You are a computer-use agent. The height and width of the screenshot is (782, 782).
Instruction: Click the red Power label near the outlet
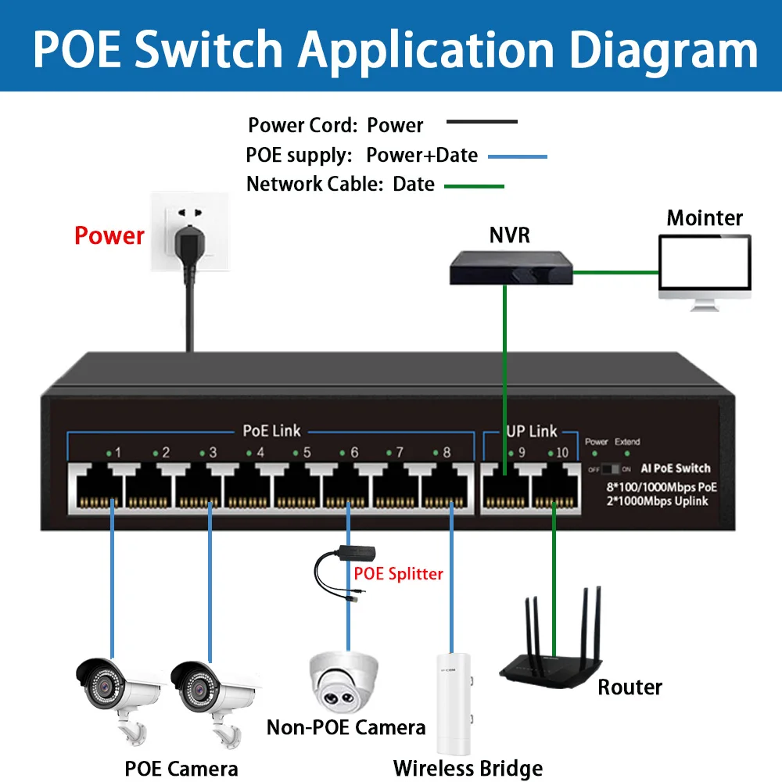109,235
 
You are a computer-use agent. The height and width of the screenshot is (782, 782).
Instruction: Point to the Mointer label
705,217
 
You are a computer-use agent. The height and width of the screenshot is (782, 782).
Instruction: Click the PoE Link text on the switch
271,431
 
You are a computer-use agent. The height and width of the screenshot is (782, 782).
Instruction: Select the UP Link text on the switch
532,431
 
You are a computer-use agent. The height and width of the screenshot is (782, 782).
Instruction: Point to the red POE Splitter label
398,574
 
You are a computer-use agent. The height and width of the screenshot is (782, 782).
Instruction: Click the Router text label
630,687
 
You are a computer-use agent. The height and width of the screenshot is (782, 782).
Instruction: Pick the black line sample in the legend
481,122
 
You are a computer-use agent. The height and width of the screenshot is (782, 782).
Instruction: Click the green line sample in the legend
474,186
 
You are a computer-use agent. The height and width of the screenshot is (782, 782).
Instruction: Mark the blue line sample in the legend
517,156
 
